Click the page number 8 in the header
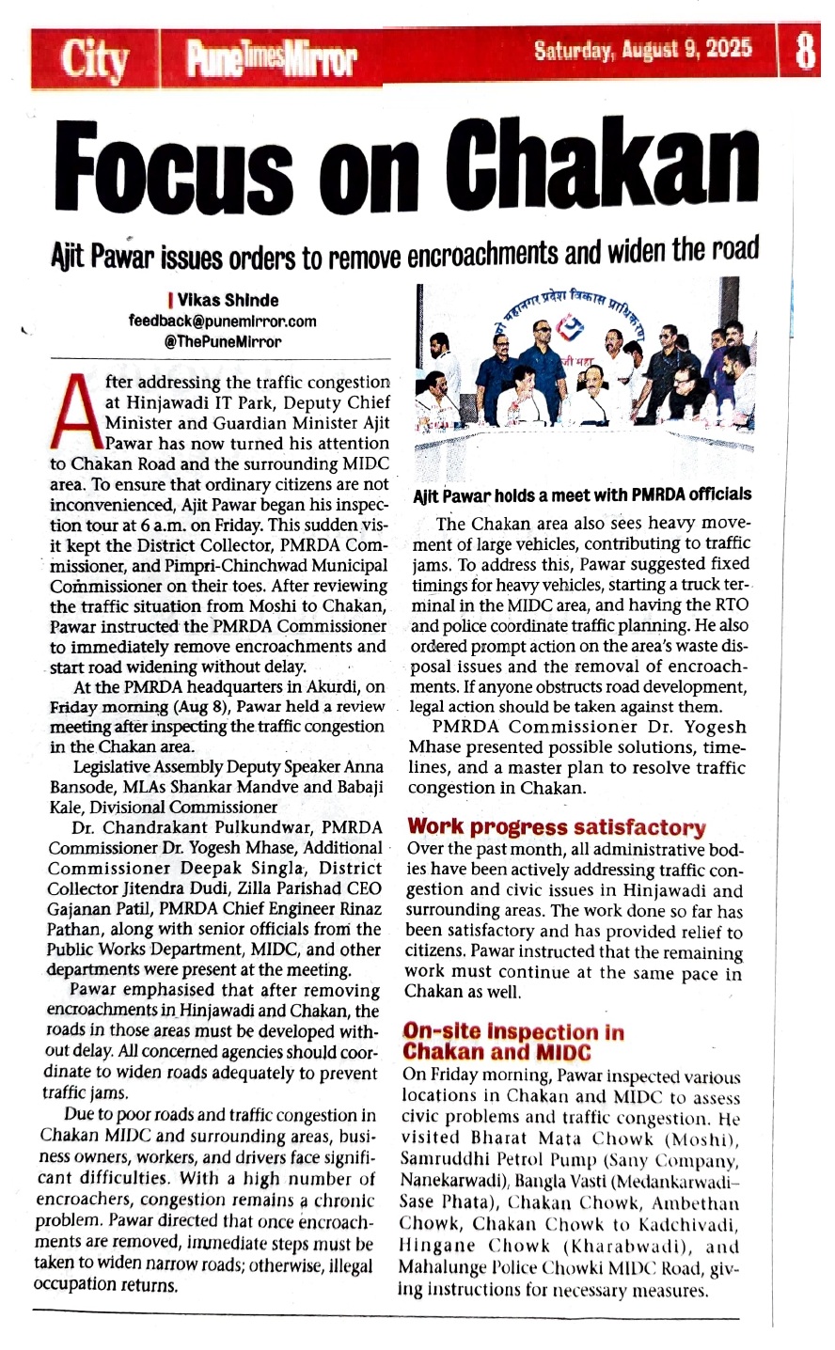click(x=805, y=53)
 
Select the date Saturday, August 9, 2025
click(x=643, y=50)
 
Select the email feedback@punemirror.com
click(x=222, y=321)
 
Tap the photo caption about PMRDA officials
click(x=583, y=494)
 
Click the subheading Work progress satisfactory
click(x=556, y=827)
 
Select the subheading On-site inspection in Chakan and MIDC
click(x=512, y=1041)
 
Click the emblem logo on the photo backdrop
click(x=571, y=327)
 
